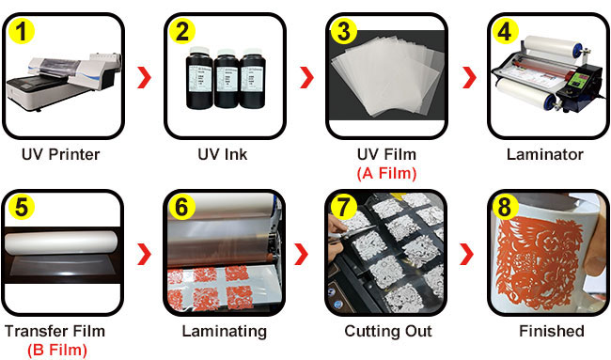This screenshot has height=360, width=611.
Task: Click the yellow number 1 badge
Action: tap(22, 31)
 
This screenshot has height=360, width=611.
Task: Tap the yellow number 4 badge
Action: tap(505, 31)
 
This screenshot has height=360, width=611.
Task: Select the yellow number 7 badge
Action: tap(342, 208)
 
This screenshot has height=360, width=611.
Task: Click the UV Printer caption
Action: tap(61, 155)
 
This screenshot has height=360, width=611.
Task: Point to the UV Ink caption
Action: tap(223, 155)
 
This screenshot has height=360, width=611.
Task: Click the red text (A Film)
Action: tap(386, 173)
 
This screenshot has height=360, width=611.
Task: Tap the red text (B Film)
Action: tap(57, 350)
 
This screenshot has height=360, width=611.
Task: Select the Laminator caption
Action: tap(545, 155)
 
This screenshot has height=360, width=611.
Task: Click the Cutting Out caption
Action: tap(388, 331)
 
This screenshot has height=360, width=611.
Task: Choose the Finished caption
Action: tap(552, 331)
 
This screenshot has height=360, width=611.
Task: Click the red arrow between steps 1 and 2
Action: tap(144, 77)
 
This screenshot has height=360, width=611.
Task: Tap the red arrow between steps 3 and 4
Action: tap(469, 77)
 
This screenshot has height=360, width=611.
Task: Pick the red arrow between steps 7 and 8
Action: tap(466, 254)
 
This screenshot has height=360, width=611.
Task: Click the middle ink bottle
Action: tap(226, 79)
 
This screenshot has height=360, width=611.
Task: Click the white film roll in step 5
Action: tap(61, 242)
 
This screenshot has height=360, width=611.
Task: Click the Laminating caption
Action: tap(225, 331)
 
